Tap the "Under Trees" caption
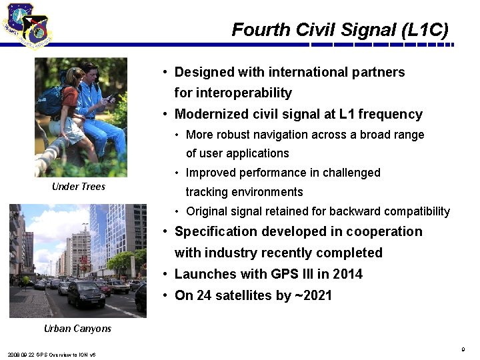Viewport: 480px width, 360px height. tap(79, 187)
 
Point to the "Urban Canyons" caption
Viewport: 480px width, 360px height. tap(77, 329)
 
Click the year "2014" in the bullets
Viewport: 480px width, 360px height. tap(347, 274)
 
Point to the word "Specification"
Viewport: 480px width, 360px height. tap(215, 232)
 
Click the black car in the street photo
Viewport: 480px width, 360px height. tap(85, 294)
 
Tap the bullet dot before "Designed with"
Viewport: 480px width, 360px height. tap(164, 72)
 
